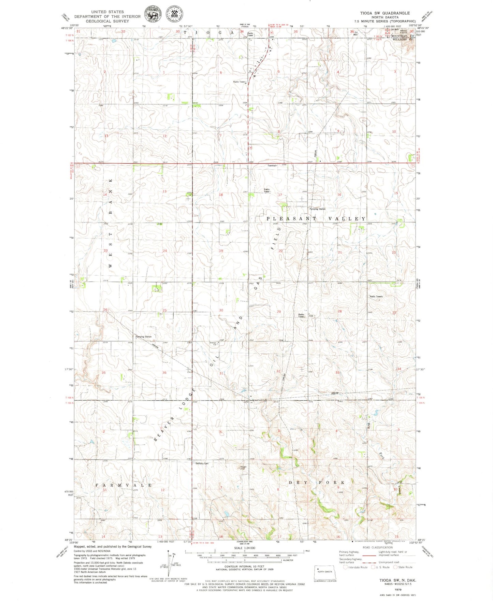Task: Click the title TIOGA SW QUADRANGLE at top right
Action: (x=385, y=13)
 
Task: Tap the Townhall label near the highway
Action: (x=272, y=166)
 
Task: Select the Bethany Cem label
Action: (x=202, y=463)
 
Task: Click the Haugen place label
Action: (x=243, y=467)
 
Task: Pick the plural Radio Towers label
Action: (x=376, y=297)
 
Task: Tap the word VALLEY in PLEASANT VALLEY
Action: (x=347, y=219)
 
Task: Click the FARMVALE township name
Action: (x=123, y=485)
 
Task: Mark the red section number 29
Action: (x=279, y=312)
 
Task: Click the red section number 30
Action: (x=221, y=310)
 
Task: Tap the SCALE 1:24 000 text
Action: (x=244, y=548)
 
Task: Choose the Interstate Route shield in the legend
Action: (x=345, y=567)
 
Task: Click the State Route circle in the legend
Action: (x=395, y=567)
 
